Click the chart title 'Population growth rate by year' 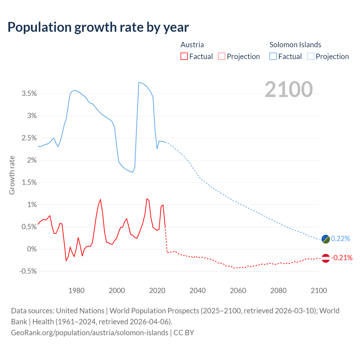(x=98, y=27)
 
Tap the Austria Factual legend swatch (x=184, y=56)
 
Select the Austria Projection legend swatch (x=222, y=56)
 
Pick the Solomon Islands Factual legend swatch (x=273, y=56)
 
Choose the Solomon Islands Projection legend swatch (x=310, y=56)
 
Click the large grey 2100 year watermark (x=289, y=89)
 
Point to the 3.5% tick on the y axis (x=29, y=94)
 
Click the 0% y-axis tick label (x=32, y=249)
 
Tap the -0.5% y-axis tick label (x=28, y=271)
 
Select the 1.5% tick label (x=29, y=183)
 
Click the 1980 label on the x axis (x=76, y=291)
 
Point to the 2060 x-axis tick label (x=238, y=291)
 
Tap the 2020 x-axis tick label (x=157, y=291)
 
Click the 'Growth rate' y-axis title (x=12, y=175)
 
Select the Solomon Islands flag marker (x=326, y=239)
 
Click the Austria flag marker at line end (x=326, y=258)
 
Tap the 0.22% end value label (x=341, y=239)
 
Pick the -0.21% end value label (x=342, y=258)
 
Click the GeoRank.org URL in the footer (x=89, y=332)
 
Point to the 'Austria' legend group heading (x=192, y=45)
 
